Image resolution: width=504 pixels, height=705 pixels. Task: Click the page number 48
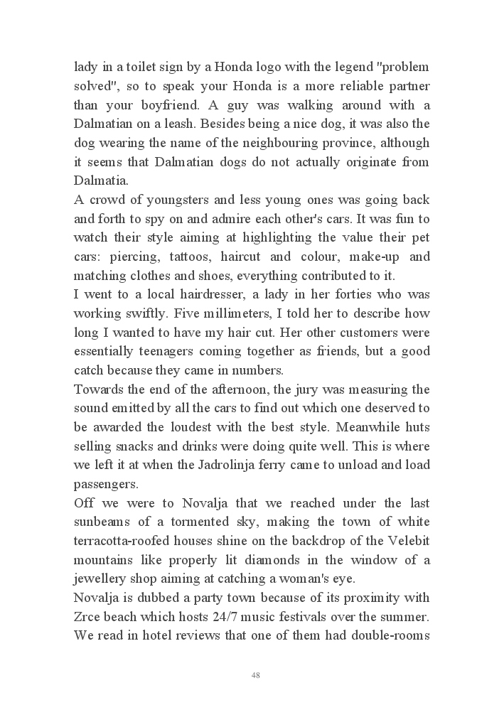[255, 675]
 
